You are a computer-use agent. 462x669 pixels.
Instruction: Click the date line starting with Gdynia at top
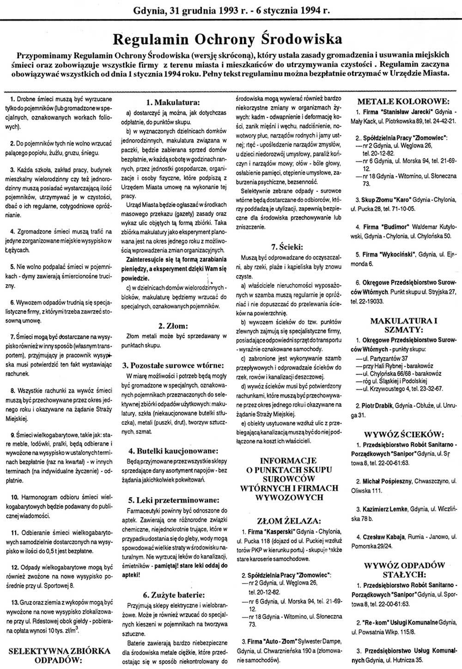[231, 9]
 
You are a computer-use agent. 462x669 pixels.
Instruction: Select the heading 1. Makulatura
[172, 102]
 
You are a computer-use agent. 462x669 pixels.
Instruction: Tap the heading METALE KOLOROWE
[403, 101]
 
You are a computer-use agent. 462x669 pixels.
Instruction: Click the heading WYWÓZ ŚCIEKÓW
[403, 434]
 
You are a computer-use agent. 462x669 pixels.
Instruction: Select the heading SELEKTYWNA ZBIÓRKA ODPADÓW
[61, 655]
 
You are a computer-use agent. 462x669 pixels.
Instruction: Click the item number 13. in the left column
[14, 603]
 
